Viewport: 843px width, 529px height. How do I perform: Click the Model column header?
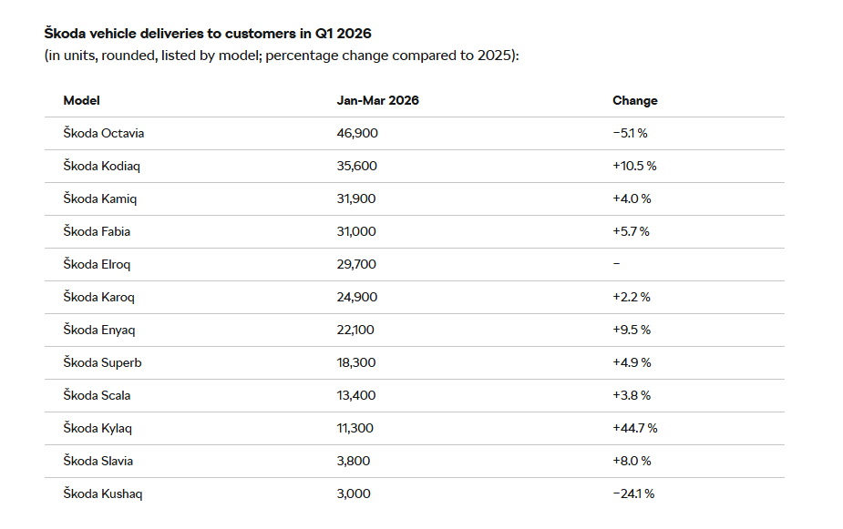[81, 100]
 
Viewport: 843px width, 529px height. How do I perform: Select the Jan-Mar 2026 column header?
[377, 100]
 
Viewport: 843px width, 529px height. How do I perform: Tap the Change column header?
[634, 100]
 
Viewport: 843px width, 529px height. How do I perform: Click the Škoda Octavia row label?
[103, 133]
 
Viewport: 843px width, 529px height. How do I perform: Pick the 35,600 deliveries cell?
[356, 166]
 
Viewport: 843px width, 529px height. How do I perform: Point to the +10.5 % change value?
[634, 166]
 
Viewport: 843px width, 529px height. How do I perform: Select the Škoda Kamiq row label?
[100, 198]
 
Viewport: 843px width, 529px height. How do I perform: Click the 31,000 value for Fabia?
[356, 231]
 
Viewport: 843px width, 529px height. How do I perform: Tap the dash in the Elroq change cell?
[616, 264]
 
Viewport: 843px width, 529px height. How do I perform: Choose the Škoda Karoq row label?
[99, 297]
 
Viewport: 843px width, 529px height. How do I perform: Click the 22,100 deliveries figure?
[355, 330]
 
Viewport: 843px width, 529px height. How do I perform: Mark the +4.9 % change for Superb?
[632, 362]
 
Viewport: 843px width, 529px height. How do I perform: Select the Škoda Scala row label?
[97, 395]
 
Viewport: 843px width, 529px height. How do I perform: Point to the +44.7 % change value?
[635, 428]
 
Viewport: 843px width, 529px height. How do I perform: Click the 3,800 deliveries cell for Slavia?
[354, 461]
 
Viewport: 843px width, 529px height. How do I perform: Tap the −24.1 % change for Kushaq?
[633, 493]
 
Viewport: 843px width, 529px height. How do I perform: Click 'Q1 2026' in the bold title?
[343, 34]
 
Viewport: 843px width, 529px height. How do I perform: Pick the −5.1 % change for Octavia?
[630, 133]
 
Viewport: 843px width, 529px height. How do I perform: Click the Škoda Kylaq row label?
[98, 428]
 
